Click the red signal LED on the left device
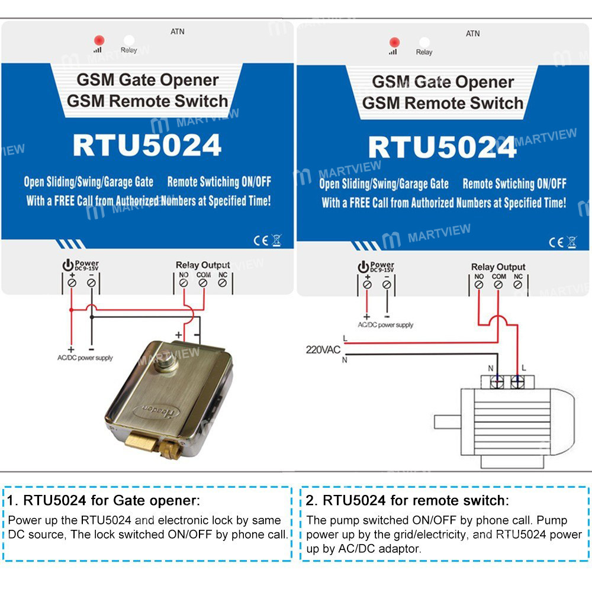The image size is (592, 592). tap(99, 40)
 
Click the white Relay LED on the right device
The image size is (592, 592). tap(424, 42)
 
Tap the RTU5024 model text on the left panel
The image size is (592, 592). tap(147, 146)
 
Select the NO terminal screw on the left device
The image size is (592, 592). tap(184, 283)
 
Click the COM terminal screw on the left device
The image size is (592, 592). tap(202, 283)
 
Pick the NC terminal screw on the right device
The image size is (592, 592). tap(518, 285)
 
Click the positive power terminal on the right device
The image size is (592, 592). tap(367, 285)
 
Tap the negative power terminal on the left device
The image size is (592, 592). tap(91, 283)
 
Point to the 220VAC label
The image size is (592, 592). tap(323, 350)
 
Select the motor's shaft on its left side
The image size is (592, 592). tap(448, 422)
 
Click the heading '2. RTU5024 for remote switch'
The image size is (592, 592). tap(407, 501)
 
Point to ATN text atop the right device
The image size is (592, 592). tap(472, 34)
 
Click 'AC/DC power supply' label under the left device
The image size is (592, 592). tap(85, 358)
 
